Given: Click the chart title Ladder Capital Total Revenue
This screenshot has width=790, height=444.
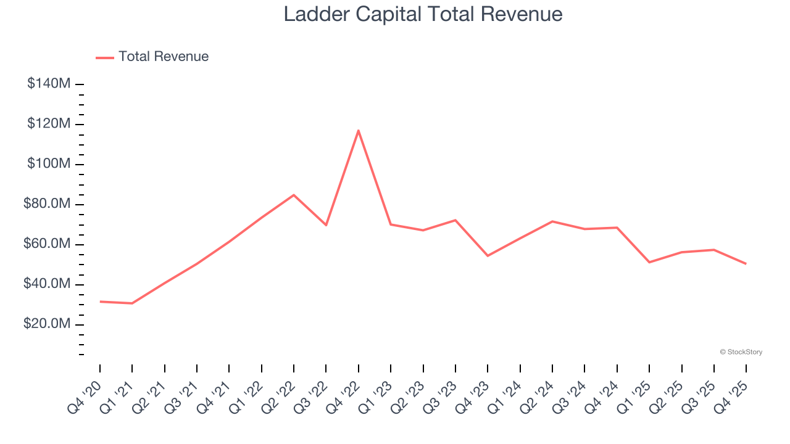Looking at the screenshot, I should point(423,14).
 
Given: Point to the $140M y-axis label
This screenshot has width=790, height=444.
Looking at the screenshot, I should point(49,83).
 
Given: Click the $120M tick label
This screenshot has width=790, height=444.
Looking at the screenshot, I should point(49,124).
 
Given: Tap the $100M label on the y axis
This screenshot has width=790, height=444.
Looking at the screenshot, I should point(49,164).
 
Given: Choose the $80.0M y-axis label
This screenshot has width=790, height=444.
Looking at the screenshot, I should point(47,204).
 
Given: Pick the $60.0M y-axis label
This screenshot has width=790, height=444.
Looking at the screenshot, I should point(47,244).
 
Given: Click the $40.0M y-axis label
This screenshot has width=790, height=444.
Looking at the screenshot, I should point(47,284).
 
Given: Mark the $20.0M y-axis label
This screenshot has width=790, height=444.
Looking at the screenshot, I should point(47,324).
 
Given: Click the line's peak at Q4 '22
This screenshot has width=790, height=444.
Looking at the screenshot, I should point(359,130).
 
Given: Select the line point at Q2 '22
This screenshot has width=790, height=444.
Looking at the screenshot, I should point(294,195).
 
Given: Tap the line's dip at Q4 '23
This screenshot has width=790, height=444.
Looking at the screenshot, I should point(488,255).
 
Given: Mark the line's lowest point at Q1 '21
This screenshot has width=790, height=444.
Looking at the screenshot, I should point(132,303).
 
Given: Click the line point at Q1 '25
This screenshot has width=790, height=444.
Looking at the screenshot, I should point(649,262).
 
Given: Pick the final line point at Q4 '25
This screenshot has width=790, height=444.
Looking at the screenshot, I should point(746,264).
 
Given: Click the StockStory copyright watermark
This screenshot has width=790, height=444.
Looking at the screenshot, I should point(741,352).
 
